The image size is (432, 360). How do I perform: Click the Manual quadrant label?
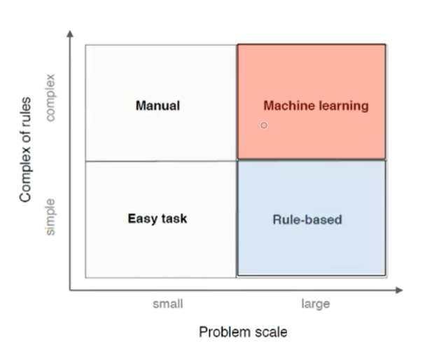tap(158, 106)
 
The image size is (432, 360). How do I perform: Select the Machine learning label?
tap(315, 106)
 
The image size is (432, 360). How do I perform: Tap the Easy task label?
tap(158, 219)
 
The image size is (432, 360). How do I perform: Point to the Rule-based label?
tap(307, 220)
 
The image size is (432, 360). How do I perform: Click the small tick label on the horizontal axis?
tap(168, 304)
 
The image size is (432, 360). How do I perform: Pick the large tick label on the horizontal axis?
tap(315, 304)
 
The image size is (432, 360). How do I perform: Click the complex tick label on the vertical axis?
tap(50, 96)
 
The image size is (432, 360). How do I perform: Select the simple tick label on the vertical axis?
tap(50, 216)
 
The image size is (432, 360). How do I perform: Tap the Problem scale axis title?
tap(243, 332)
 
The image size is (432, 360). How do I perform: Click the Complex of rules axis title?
tap(26, 148)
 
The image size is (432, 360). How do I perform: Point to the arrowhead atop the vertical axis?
tap(70, 34)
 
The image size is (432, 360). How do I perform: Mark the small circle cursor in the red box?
tap(264, 126)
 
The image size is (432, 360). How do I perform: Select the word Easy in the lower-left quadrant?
tap(141, 219)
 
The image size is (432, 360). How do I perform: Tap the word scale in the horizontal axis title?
tap(270, 332)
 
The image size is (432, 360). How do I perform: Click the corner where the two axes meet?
tap(70, 289)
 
